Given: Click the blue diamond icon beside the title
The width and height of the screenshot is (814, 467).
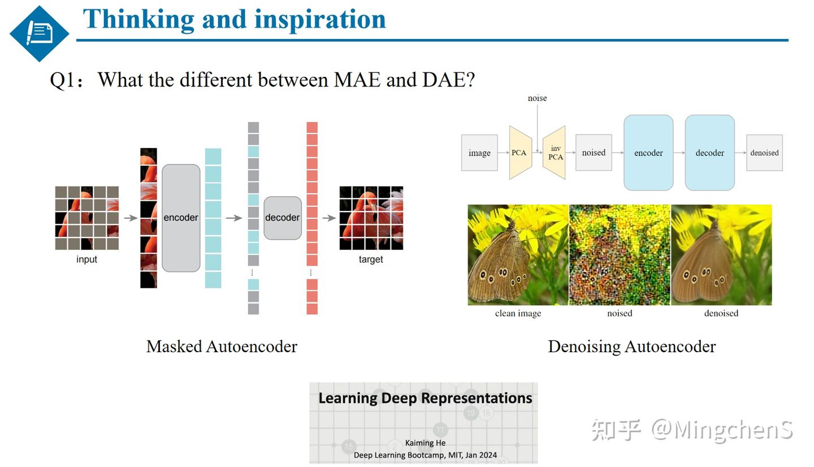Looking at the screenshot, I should (39, 33).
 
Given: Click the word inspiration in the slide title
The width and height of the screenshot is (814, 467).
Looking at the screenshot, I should (319, 19).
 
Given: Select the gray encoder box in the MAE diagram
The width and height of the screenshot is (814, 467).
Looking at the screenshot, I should (181, 218).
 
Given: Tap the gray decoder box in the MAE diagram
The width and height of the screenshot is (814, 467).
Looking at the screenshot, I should (282, 218).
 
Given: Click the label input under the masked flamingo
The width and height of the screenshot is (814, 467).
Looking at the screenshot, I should (86, 260).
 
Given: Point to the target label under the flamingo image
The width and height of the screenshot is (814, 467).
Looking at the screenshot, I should (371, 260).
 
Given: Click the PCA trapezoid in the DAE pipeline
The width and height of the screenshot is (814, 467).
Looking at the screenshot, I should (519, 153).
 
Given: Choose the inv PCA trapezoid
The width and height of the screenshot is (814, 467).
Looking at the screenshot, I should (555, 153).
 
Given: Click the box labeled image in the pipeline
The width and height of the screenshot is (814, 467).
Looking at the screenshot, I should (479, 153).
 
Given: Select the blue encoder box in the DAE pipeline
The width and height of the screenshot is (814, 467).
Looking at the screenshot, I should (648, 153).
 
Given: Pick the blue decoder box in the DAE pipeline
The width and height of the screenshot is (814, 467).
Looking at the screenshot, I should (709, 153).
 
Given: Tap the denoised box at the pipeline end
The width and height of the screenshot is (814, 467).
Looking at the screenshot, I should (764, 153).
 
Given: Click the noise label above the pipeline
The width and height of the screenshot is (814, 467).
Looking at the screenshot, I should (537, 98).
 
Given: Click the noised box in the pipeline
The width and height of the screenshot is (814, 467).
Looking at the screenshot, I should (594, 153).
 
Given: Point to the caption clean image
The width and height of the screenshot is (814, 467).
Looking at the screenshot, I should (518, 313).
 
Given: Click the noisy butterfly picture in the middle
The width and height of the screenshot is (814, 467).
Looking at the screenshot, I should (620, 255).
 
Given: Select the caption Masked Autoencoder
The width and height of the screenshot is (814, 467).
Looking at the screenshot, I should (222, 347).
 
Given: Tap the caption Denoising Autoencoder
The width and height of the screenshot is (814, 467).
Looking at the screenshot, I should (631, 347).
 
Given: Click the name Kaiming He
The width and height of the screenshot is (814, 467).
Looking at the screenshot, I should (425, 443).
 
